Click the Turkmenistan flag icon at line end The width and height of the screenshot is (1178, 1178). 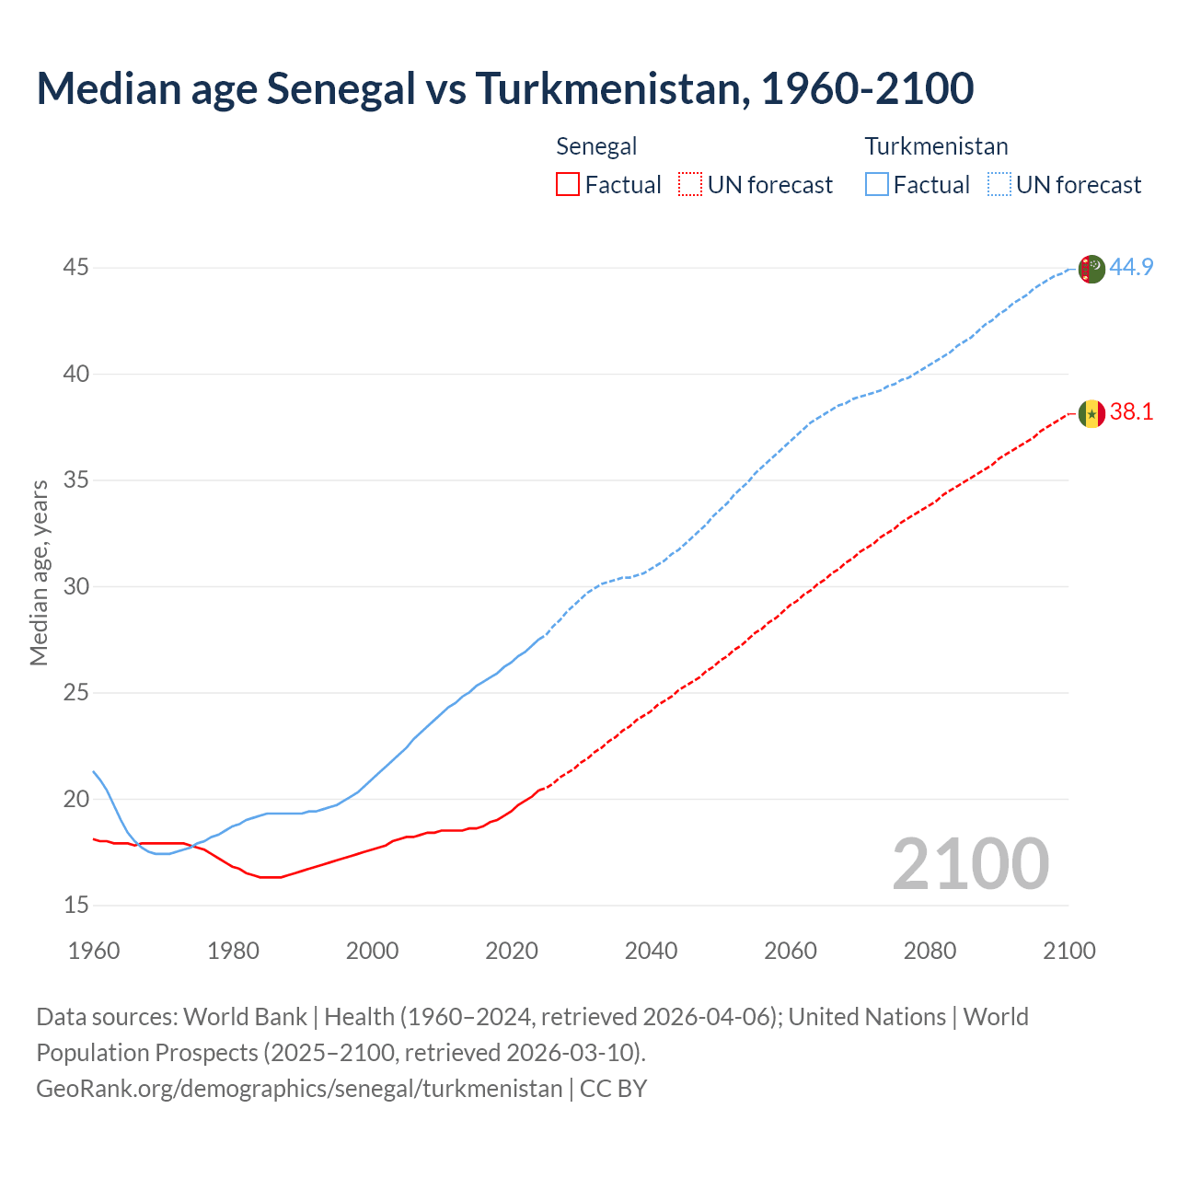1091,269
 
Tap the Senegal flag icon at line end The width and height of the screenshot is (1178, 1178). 1091,414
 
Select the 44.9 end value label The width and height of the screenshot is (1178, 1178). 1131,268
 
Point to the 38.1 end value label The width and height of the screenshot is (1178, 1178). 1131,412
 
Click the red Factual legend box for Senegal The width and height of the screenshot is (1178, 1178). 568,185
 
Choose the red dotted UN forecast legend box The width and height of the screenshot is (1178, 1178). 690,185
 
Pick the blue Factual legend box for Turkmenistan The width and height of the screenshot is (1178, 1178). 876,185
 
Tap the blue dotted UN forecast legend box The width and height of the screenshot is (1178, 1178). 999,185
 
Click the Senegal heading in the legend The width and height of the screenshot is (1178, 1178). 596,146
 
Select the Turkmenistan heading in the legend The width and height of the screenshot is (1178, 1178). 936,146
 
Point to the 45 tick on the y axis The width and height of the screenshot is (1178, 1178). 76,268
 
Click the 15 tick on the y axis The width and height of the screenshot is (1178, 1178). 76,906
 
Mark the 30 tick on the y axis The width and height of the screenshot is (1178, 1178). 76,587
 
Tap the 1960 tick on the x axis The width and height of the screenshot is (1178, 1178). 94,951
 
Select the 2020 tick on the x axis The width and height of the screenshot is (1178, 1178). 512,951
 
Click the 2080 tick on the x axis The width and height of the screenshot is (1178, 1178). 930,951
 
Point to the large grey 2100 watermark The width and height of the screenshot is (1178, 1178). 971,863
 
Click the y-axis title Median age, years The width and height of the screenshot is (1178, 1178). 39,572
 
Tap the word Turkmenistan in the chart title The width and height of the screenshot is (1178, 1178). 607,88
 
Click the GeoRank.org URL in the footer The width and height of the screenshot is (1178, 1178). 299,1089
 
